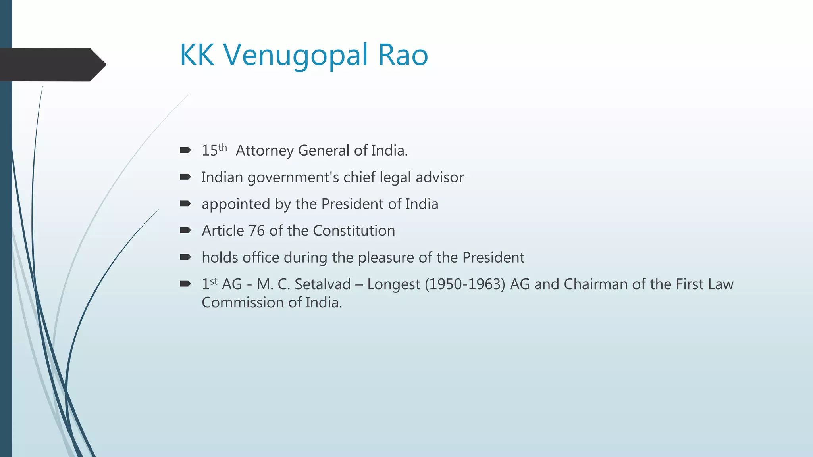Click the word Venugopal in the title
pos(296,55)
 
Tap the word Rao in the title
pos(403,55)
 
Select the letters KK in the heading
pos(197,55)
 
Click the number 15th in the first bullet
pos(214,150)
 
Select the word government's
pos(293,178)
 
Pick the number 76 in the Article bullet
pos(256,231)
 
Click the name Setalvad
pos(323,284)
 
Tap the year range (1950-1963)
pos(465,284)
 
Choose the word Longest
pos(393,284)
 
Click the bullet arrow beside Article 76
pos(185,230)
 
